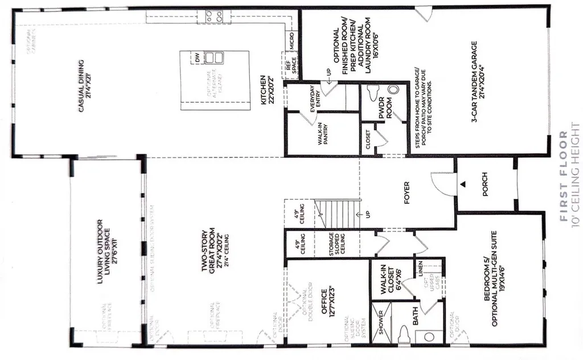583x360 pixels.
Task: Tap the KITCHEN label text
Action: (267, 91)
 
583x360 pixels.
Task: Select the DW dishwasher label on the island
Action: (198, 58)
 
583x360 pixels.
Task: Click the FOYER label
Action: (407, 194)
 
